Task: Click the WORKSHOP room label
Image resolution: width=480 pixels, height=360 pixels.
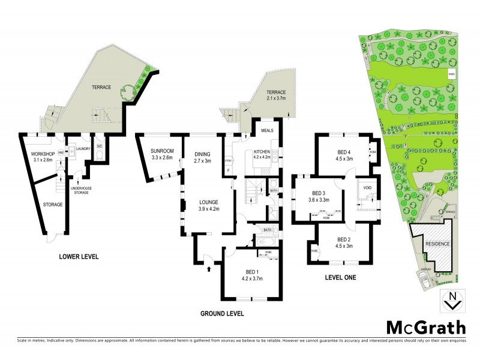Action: coord(43,155)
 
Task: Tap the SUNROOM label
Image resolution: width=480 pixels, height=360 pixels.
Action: coord(162,151)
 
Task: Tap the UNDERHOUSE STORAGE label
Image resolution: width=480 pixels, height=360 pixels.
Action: coord(81,191)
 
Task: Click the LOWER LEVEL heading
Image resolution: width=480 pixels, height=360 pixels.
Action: coord(79,257)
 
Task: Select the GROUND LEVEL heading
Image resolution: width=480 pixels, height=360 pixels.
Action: coord(223,314)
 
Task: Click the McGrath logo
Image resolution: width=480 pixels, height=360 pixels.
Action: coord(425,327)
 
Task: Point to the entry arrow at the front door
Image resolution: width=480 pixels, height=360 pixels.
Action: coord(208,269)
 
